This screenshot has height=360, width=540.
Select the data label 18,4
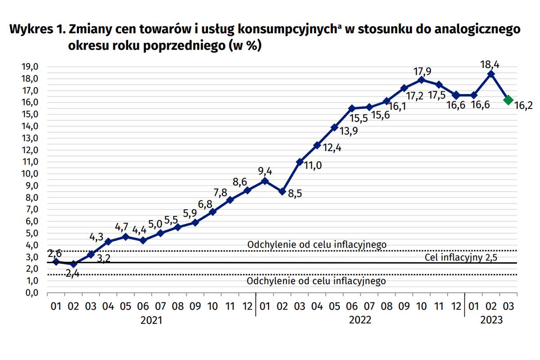point(490,65)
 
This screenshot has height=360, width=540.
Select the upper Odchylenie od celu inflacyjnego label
point(317,244)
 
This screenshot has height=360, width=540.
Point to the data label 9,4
point(265,171)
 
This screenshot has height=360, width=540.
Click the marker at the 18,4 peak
point(491,74)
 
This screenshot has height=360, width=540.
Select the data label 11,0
point(312,166)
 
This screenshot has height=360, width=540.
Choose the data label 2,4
point(72,273)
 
